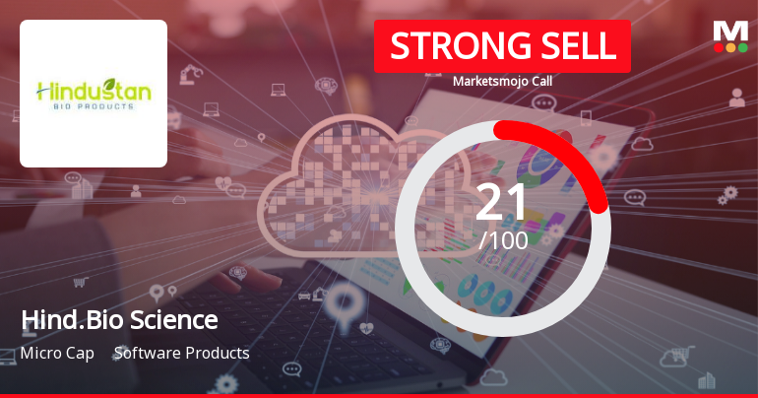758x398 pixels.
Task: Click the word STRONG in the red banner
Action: pos(447,46)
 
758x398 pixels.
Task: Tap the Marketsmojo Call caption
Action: pos(502,82)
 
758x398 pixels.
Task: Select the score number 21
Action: pos(502,203)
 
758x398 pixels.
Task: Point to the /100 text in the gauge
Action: pos(503,239)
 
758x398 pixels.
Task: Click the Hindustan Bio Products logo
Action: pos(94,94)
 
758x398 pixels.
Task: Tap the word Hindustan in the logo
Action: pos(94,91)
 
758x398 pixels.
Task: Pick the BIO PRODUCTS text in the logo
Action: pos(94,106)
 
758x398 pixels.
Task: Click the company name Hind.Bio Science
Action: pos(118,320)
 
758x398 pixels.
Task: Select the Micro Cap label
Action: pos(57,353)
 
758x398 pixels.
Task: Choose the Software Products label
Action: pos(181,353)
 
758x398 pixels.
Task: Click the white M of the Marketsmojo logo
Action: pos(729,31)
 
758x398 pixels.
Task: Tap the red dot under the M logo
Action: pos(720,46)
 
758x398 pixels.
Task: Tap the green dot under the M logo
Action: pos(741,46)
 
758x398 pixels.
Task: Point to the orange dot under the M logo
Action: pos(730,46)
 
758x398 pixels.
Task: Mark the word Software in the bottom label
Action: pos(146,353)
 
